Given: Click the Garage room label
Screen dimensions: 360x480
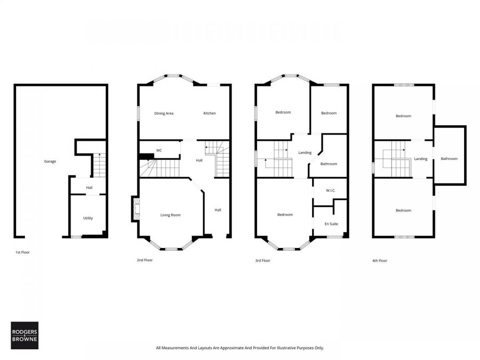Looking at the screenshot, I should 50,161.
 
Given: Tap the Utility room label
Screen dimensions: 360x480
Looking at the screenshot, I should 88,218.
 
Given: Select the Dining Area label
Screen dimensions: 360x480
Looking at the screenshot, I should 164,113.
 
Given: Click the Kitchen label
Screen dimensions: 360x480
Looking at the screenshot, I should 210,113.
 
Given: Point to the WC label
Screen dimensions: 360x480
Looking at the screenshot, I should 159,150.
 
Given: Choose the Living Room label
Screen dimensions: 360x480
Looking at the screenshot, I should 171,215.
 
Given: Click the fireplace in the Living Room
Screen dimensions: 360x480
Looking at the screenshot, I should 135,209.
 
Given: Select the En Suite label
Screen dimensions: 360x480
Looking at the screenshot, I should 331,223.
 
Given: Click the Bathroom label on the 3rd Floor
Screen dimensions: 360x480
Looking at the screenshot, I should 329,164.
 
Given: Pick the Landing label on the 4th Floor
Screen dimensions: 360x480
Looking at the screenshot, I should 421,158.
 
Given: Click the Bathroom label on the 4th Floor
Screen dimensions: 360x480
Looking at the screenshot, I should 449,158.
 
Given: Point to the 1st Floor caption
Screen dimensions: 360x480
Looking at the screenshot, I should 22,252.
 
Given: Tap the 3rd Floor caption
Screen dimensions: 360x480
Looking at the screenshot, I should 262,261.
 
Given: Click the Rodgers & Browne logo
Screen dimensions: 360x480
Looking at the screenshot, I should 25,335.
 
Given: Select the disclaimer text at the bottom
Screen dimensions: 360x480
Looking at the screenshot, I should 239,348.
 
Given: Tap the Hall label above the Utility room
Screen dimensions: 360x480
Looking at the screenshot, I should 90,187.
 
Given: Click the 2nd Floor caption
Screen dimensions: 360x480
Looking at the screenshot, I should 145,260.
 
